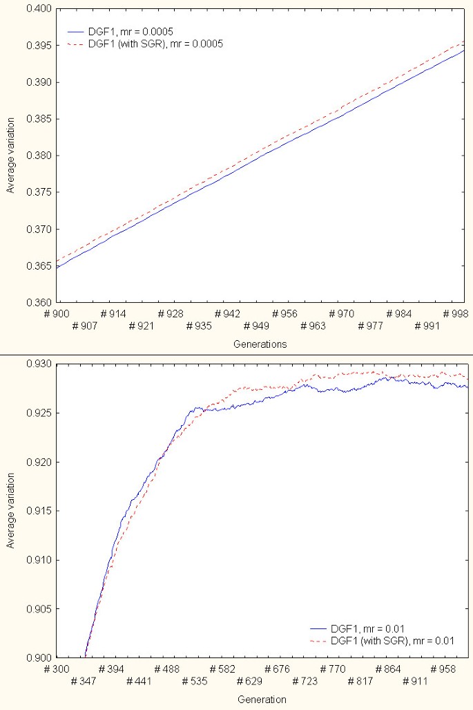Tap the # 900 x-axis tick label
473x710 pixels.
click(x=56, y=314)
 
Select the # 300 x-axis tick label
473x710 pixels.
click(x=56, y=669)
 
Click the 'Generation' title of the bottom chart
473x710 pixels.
click(x=262, y=700)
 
